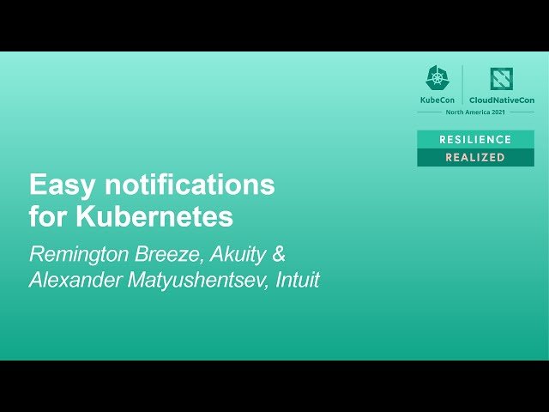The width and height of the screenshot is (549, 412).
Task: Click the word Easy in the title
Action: click(x=57, y=185)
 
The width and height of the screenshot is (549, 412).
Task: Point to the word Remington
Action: click(x=77, y=255)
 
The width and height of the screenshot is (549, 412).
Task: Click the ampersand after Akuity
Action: click(x=279, y=254)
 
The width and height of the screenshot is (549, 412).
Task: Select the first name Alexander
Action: click(x=75, y=281)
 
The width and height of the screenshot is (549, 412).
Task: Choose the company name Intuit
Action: click(x=298, y=280)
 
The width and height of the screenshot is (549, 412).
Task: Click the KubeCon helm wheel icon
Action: click(x=437, y=79)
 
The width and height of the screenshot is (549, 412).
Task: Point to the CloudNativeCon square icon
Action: click(x=501, y=79)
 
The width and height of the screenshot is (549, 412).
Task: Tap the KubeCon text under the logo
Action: click(x=437, y=100)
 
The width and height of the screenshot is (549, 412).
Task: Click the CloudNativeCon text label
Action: click(x=502, y=100)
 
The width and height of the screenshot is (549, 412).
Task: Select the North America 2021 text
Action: click(x=475, y=112)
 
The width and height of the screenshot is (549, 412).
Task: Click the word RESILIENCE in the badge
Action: click(x=475, y=139)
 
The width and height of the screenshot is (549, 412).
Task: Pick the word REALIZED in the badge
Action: click(x=475, y=158)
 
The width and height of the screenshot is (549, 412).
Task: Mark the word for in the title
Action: click(x=49, y=216)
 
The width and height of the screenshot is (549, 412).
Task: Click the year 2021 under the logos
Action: click(x=498, y=112)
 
